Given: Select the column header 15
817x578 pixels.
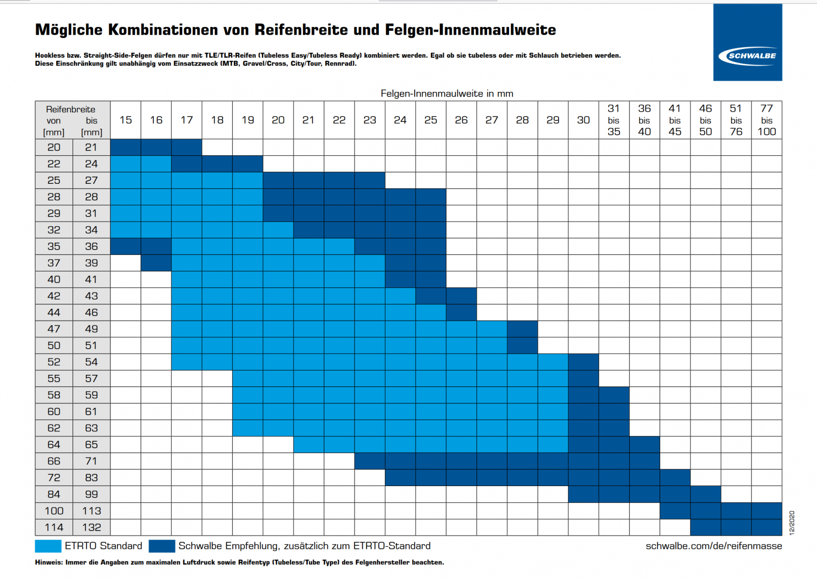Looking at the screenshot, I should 126,120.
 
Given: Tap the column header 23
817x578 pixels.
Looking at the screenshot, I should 370,120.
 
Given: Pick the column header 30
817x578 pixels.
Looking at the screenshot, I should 583,120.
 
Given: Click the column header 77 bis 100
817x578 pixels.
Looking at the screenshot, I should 766,120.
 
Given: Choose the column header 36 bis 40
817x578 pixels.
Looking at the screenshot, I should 644,120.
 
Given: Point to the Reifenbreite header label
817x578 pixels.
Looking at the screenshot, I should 70,109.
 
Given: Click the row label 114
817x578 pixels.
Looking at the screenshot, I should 54,527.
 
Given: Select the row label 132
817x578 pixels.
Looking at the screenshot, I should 91,527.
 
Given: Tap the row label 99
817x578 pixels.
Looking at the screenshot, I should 91,494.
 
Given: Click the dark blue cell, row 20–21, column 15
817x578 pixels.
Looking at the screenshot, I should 126,147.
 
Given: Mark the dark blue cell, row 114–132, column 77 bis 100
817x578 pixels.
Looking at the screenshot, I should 766,527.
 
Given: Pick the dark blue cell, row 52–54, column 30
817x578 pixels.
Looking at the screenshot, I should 583,362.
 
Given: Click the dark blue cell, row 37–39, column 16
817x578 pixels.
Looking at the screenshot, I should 156,263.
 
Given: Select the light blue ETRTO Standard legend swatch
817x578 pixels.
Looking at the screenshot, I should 48,546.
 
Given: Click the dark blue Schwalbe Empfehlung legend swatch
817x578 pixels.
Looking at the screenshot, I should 162,546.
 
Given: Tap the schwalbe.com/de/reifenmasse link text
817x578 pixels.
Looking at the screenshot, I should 713,546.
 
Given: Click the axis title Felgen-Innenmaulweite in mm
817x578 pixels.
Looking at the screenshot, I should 447,93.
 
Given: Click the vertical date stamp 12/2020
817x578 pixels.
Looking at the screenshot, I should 792,522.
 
